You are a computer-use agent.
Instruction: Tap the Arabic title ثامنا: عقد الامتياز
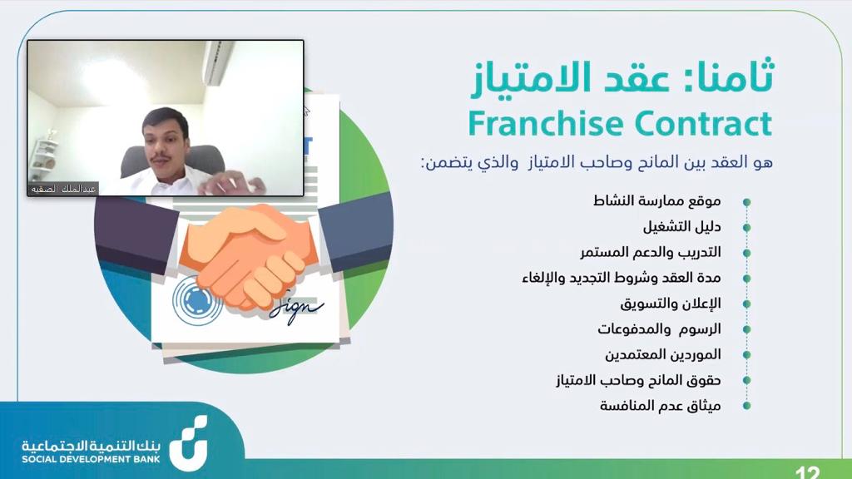pyautogui.click(x=622, y=77)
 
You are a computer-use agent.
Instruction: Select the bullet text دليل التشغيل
pyautogui.click(x=682, y=226)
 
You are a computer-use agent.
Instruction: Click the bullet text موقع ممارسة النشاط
pyautogui.click(x=657, y=201)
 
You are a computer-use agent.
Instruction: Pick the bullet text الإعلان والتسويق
pyautogui.click(x=671, y=303)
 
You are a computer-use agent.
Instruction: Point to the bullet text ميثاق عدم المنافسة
pyautogui.click(x=660, y=405)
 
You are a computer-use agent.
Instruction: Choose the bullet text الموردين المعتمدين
pyautogui.click(x=663, y=354)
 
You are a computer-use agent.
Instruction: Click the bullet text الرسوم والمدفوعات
pyautogui.click(x=659, y=328)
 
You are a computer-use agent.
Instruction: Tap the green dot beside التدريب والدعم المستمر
pyautogui.click(x=746, y=253)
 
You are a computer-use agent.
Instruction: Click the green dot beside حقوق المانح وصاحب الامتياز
pyautogui.click(x=746, y=380)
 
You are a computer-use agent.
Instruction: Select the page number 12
pyautogui.click(x=807, y=472)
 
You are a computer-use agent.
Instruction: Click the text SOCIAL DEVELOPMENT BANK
pyautogui.click(x=91, y=459)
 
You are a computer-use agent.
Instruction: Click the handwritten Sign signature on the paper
pyautogui.click(x=296, y=309)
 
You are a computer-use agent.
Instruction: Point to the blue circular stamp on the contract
pyautogui.click(x=196, y=299)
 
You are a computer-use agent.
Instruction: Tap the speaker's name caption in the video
pyautogui.click(x=63, y=189)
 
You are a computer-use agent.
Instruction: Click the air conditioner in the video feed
pyautogui.click(x=219, y=62)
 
